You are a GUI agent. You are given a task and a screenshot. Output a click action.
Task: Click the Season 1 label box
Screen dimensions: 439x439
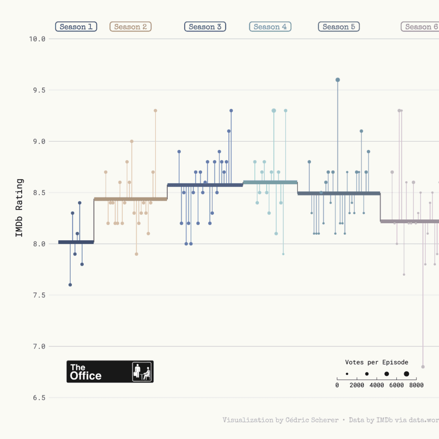point(76,27)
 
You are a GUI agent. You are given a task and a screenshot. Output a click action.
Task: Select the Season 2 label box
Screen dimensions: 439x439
point(131,27)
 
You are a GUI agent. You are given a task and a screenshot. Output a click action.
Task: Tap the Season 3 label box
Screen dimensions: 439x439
point(205,27)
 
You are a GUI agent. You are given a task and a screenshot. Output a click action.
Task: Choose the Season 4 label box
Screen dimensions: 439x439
point(270,27)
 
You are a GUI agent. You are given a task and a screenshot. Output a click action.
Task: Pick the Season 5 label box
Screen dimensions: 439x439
point(339,27)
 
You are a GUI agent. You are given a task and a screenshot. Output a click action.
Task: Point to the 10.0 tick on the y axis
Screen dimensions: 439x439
point(37,39)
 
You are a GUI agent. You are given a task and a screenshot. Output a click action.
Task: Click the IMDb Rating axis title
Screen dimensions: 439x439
point(19,208)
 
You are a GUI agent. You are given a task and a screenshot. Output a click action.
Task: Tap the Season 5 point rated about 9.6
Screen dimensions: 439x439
point(338,80)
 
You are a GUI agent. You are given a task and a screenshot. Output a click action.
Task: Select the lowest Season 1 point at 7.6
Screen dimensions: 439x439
point(70,285)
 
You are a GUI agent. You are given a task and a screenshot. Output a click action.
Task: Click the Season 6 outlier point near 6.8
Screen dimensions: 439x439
point(423,367)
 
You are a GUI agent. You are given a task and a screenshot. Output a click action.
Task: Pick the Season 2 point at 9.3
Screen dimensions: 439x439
point(156,110)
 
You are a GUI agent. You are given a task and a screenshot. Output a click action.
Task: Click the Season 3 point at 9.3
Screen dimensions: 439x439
point(231,110)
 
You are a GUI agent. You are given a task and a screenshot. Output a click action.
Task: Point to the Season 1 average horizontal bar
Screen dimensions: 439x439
point(76,242)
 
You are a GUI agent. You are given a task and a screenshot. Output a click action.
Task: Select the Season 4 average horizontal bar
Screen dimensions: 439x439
point(270,182)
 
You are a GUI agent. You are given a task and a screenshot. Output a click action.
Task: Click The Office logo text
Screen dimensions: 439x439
point(86,372)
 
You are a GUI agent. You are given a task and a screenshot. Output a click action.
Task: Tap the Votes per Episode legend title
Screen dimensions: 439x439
point(376,362)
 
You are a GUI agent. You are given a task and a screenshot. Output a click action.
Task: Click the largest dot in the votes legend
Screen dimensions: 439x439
point(406,374)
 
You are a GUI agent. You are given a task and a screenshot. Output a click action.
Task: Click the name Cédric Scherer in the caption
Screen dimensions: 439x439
point(312,420)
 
